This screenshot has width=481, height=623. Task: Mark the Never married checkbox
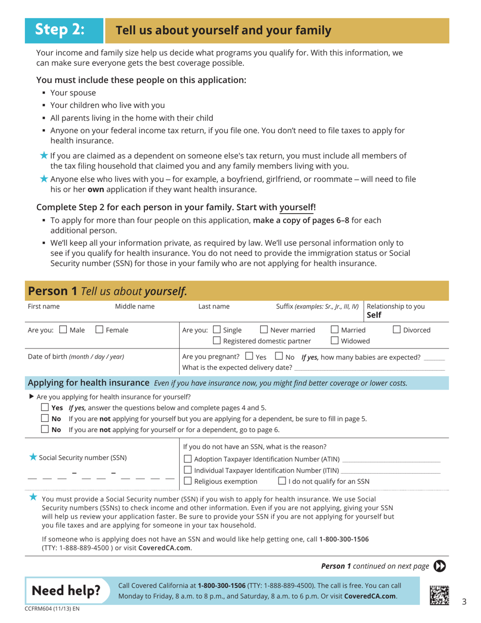(264, 330)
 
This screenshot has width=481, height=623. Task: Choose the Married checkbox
(335, 330)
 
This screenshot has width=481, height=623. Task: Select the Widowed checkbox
(335, 341)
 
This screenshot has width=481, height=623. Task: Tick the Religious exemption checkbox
(188, 481)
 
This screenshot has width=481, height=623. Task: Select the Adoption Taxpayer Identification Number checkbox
(188, 459)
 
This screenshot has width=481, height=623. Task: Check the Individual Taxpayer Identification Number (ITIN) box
(188, 471)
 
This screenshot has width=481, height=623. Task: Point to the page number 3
(464, 602)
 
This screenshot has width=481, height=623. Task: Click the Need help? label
(66, 590)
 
